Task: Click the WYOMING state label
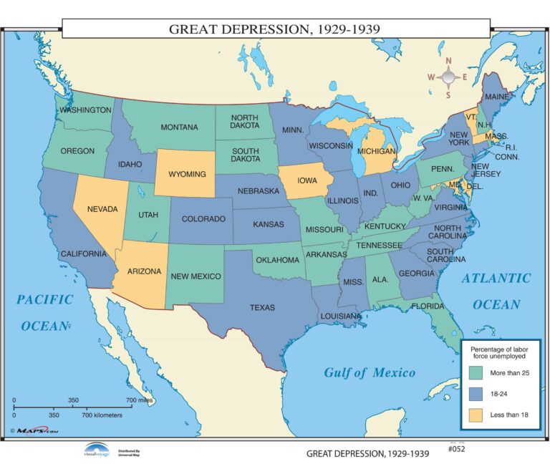(187, 174)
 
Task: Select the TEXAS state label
(261, 307)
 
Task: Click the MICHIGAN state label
(376, 152)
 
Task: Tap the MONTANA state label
(179, 127)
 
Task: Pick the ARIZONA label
(144, 271)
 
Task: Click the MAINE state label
(497, 96)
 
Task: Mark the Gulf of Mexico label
(369, 372)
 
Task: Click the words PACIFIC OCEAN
(44, 312)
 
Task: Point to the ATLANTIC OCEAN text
(496, 291)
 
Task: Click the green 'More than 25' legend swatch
(476, 373)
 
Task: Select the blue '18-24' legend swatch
(476, 393)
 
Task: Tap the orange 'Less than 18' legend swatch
(476, 413)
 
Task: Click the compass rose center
(448, 77)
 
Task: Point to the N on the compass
(448, 61)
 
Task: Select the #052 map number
(455, 449)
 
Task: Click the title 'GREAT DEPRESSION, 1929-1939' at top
(274, 29)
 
